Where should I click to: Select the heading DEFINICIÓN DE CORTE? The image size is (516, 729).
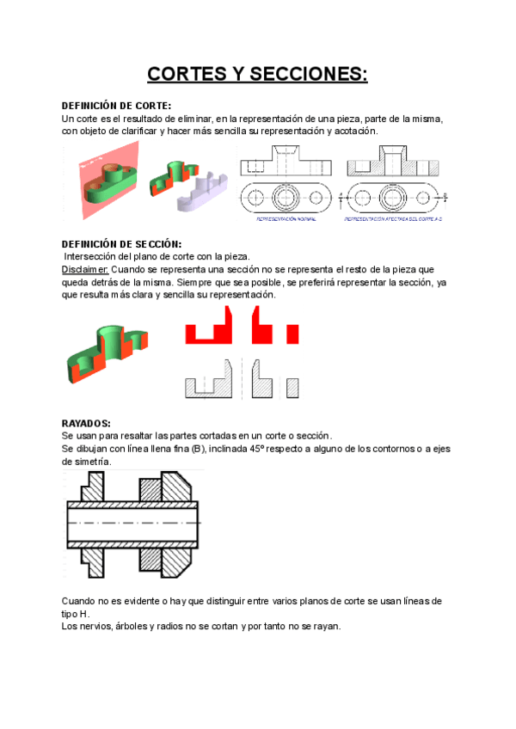click(117, 105)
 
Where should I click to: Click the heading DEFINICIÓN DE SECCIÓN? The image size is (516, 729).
click(122, 244)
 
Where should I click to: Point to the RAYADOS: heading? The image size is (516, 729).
click(87, 424)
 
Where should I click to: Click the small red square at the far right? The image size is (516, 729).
click(292, 334)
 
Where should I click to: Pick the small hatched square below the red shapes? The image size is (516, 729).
click(292, 387)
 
